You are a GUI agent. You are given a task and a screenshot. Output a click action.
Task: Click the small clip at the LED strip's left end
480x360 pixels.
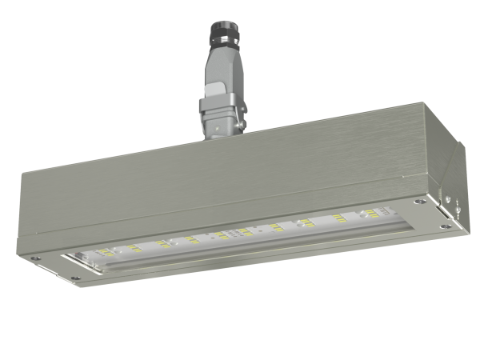[77, 258]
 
